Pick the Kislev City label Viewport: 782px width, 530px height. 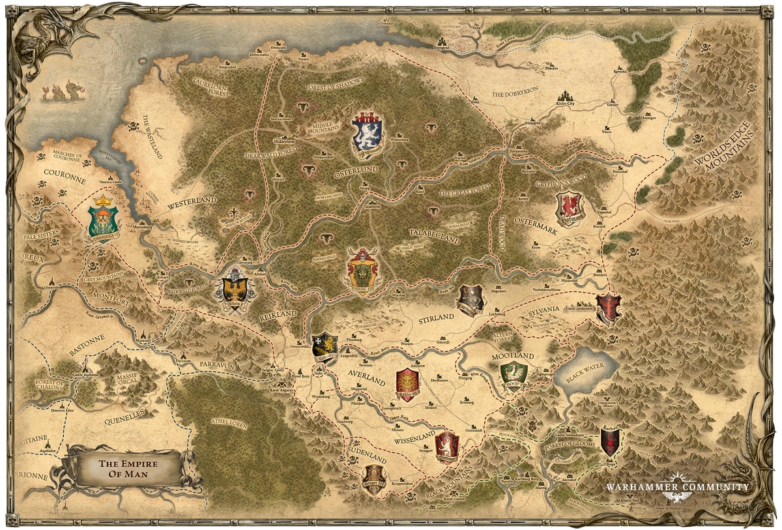point(565,103)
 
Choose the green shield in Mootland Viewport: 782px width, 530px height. point(514,373)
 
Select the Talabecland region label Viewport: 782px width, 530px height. point(435,236)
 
